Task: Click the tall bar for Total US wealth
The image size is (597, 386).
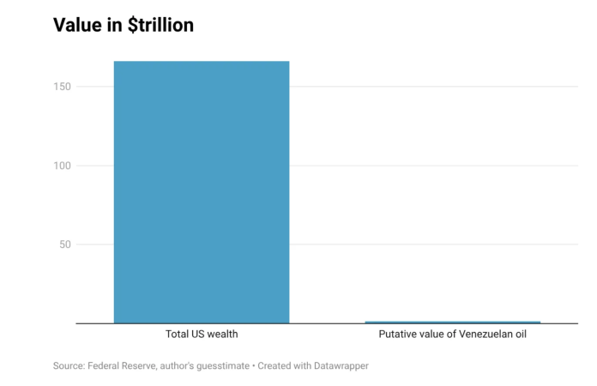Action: click(x=202, y=192)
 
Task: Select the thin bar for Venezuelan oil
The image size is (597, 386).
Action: click(x=453, y=322)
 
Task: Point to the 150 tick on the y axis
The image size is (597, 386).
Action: click(x=62, y=87)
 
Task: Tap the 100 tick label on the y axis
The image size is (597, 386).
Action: click(x=62, y=166)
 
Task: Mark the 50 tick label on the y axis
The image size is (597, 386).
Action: click(x=65, y=244)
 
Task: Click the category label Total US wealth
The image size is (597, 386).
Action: click(x=202, y=335)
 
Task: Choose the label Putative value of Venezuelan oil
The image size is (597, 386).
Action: click(x=452, y=335)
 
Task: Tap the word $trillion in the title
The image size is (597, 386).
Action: click(x=160, y=25)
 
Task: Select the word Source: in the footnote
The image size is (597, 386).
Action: click(x=69, y=365)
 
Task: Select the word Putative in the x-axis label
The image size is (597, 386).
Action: click(x=395, y=335)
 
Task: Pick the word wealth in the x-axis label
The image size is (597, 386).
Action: click(x=223, y=335)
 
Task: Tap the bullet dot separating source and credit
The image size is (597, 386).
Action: click(x=254, y=366)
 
